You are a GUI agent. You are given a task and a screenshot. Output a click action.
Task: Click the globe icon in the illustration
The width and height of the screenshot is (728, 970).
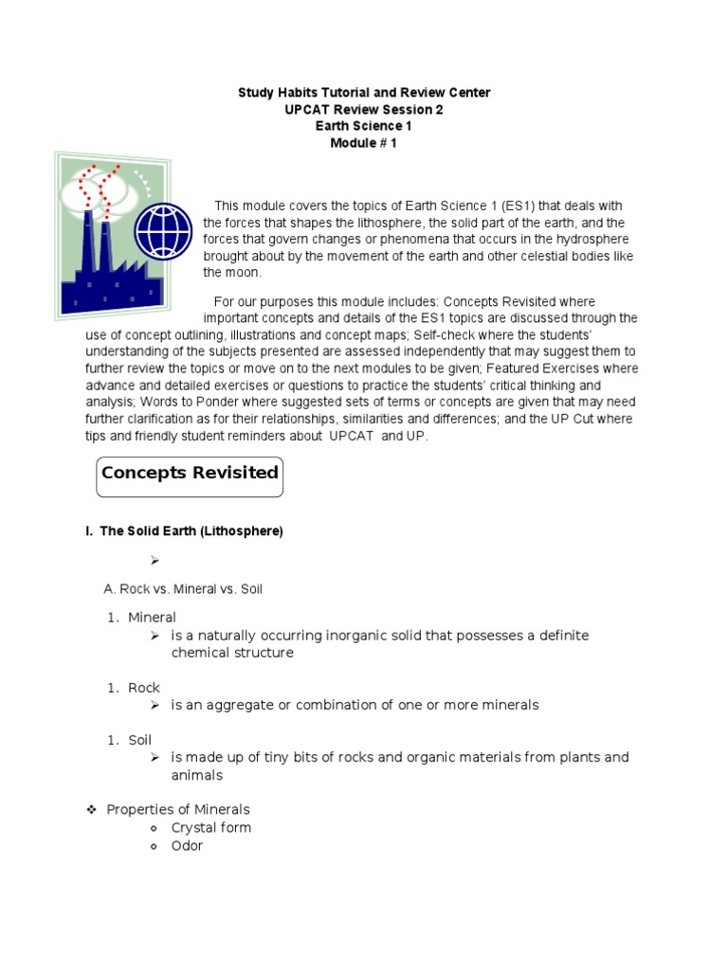pos(163,229)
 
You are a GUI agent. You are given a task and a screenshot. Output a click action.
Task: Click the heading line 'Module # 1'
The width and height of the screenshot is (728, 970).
pos(363,143)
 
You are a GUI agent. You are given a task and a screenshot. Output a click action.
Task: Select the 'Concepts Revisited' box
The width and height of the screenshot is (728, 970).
pos(190,473)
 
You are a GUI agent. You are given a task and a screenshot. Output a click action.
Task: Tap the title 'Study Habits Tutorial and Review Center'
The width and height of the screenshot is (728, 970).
pos(363,92)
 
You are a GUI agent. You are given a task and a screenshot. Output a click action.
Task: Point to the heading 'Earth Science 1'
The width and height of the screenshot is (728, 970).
pos(363,126)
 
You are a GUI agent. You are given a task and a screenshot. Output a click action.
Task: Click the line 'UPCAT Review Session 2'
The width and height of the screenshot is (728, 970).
pos(363,109)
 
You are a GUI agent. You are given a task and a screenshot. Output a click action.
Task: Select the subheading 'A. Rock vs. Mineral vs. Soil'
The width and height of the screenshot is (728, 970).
pos(183,589)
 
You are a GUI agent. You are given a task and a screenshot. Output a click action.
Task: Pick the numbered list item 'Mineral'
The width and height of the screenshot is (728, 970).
pos(152,618)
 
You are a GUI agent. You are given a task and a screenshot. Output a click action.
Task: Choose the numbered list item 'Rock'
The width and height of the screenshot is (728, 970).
pos(144,688)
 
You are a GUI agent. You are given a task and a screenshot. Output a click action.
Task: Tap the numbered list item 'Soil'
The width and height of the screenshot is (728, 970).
pos(140,740)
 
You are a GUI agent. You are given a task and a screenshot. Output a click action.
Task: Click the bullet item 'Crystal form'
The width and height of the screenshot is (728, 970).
pos(210,828)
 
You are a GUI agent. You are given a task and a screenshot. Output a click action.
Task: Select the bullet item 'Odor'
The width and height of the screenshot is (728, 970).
pos(187,846)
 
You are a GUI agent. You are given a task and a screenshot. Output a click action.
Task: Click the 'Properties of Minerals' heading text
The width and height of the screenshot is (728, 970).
pos(178,810)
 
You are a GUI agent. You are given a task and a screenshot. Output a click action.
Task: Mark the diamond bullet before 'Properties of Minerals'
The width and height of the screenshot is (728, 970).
pos(92,810)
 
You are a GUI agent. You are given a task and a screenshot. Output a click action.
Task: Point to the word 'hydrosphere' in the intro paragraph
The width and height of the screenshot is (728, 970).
pos(589,240)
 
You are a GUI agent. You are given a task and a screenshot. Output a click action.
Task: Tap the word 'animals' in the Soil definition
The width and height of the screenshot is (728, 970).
pos(196,775)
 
